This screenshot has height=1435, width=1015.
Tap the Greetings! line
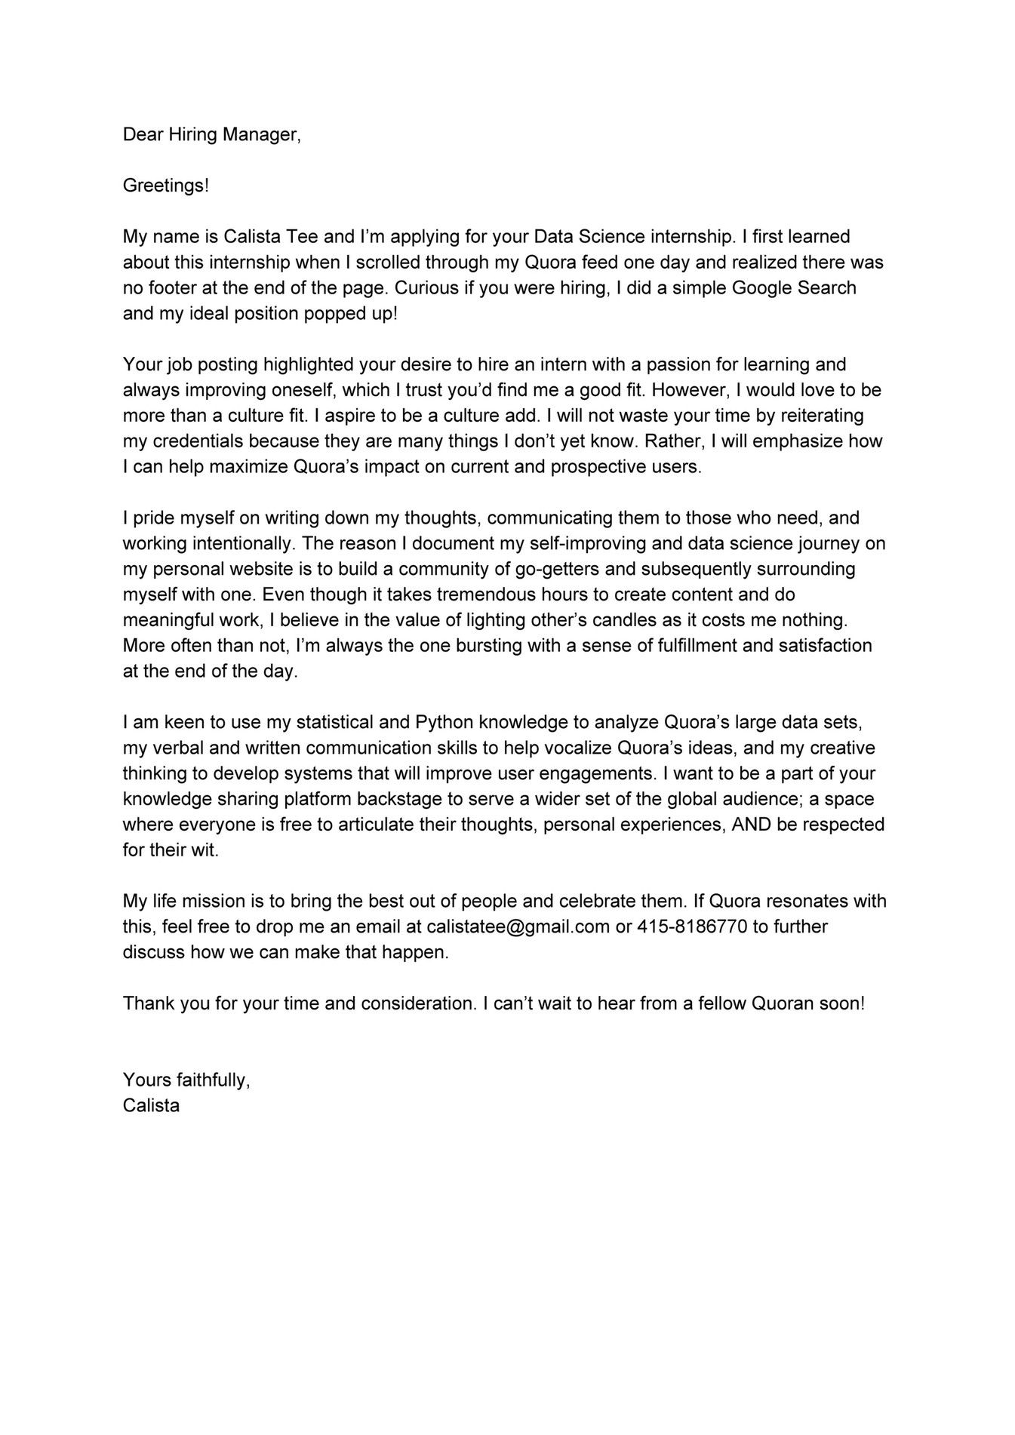[165, 186]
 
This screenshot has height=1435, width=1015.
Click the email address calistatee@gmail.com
[518, 926]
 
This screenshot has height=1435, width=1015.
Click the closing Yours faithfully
[186, 1080]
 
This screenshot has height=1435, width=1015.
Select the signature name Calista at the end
[151, 1106]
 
